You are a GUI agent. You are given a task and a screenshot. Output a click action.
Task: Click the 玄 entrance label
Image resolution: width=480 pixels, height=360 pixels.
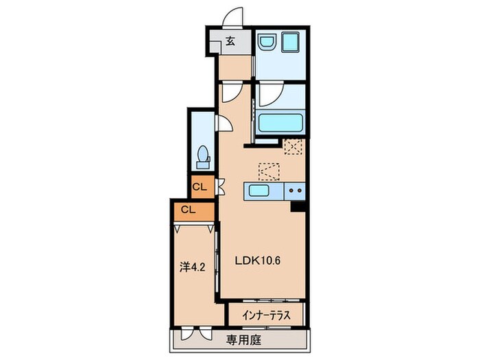[x=230, y=41]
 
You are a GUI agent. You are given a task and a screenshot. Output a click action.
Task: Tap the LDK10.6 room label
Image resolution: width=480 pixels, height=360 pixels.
[x=258, y=261]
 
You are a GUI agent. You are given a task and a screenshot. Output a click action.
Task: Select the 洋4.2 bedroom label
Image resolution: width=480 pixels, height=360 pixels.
[x=192, y=267]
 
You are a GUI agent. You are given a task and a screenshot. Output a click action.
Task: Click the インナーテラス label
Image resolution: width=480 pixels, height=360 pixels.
[x=266, y=315]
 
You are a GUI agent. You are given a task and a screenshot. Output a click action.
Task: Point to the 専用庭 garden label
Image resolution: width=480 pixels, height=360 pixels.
[x=243, y=340]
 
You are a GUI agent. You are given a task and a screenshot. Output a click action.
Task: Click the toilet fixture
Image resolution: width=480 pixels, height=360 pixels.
[x=203, y=157]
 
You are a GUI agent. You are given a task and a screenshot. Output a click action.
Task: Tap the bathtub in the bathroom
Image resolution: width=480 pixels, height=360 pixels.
[x=280, y=123]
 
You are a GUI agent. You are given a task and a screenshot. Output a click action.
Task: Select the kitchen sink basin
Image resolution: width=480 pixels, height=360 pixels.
[x=259, y=191]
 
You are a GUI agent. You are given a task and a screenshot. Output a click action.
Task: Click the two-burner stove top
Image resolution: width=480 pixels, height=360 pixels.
[x=295, y=191]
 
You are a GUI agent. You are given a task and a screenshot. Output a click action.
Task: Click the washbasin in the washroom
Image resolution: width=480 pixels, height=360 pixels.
[x=267, y=42]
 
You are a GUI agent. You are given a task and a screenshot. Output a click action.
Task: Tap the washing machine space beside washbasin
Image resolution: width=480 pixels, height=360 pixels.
[x=290, y=42]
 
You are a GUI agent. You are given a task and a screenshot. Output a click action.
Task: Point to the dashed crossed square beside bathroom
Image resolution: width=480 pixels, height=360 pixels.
[x=293, y=147]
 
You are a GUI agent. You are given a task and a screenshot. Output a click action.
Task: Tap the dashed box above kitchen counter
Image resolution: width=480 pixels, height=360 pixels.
[x=269, y=171]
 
